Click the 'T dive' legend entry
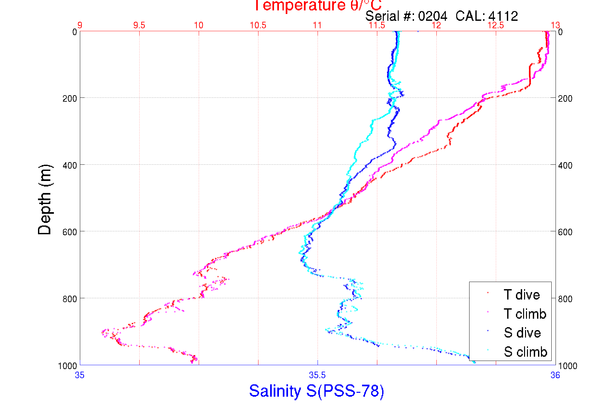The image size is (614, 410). coord(521,295)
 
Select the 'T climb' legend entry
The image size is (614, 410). coord(525,314)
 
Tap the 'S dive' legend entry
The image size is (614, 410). coord(522,333)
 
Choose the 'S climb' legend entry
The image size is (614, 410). coord(525,352)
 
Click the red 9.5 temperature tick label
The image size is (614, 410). coord(139,25)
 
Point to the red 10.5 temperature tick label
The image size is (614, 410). coord(258,25)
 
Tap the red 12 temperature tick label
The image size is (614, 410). coord(436,25)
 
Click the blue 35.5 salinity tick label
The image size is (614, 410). coord(317,376)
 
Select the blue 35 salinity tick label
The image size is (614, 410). coord(80,376)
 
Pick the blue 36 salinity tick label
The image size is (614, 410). coord(555,376)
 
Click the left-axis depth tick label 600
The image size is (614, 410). coord(69,232)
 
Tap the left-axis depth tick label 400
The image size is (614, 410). coord(69,165)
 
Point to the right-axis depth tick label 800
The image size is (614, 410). coord(565,299)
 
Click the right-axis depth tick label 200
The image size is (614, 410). coord(565,98)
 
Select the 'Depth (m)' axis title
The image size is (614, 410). coord(45,199)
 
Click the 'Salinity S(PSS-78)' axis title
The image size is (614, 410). coord(317,391)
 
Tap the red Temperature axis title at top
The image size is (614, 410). coord(317,6)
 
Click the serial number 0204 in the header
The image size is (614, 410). coord(432,16)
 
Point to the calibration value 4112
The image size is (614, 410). coord(503,16)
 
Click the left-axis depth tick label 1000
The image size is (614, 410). coord(68,366)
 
